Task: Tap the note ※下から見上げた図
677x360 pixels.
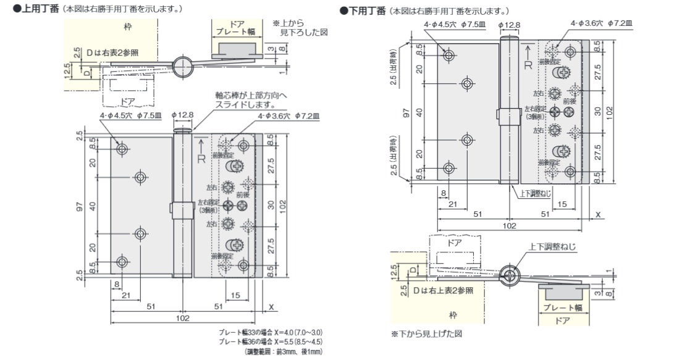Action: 426,333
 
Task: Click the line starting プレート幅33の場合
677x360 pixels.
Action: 271,333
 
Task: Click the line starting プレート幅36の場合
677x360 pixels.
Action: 271,341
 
